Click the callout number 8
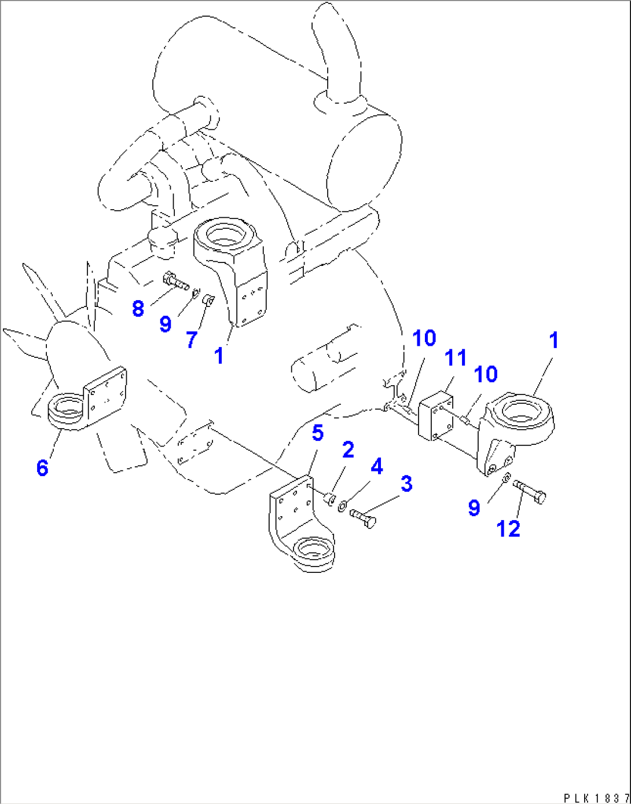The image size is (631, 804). (138, 308)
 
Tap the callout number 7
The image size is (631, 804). (192, 339)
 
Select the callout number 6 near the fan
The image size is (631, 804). (42, 467)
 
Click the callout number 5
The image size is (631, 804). (318, 433)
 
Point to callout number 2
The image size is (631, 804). (348, 449)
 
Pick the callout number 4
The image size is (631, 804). (377, 466)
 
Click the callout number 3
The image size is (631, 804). (406, 484)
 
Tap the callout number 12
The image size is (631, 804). (508, 528)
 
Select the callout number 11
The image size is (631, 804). (456, 358)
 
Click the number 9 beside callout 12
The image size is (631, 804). (474, 508)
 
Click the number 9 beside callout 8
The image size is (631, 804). (166, 324)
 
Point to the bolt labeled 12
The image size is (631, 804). (530, 492)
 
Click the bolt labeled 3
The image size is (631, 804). (363, 517)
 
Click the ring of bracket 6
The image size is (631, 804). (67, 411)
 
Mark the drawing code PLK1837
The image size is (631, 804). (596, 798)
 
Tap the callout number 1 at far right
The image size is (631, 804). (553, 341)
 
